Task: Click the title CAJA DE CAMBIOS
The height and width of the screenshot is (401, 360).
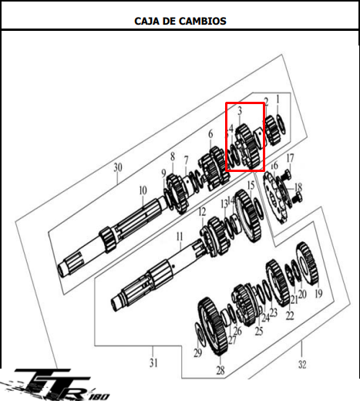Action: point(180,21)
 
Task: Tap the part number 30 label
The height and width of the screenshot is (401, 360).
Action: point(118,167)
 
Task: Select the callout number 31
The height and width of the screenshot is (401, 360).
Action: point(153,362)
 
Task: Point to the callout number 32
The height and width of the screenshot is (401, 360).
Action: point(302,364)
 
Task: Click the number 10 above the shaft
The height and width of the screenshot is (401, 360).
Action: point(143,190)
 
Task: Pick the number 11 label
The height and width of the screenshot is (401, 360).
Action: point(180,237)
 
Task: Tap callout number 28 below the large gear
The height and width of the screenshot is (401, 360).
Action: point(220,370)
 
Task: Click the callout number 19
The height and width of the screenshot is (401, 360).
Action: point(318,293)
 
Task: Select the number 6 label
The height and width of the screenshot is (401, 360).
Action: point(210,134)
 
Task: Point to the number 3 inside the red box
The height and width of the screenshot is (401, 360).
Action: point(240,111)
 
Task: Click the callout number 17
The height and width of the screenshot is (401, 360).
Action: point(290,158)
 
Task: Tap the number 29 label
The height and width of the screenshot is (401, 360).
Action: point(197,353)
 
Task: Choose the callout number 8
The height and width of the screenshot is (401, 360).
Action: point(173,157)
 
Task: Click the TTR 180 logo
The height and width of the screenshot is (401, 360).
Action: point(56,385)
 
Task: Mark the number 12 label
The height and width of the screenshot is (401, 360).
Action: point(202,212)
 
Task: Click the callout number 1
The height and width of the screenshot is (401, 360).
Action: point(278,99)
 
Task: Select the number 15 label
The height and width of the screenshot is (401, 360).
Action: point(251,185)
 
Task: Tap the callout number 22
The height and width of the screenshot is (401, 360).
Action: point(290,315)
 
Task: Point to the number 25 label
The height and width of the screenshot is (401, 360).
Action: point(259,331)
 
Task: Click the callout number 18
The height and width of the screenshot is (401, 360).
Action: point(298,187)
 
